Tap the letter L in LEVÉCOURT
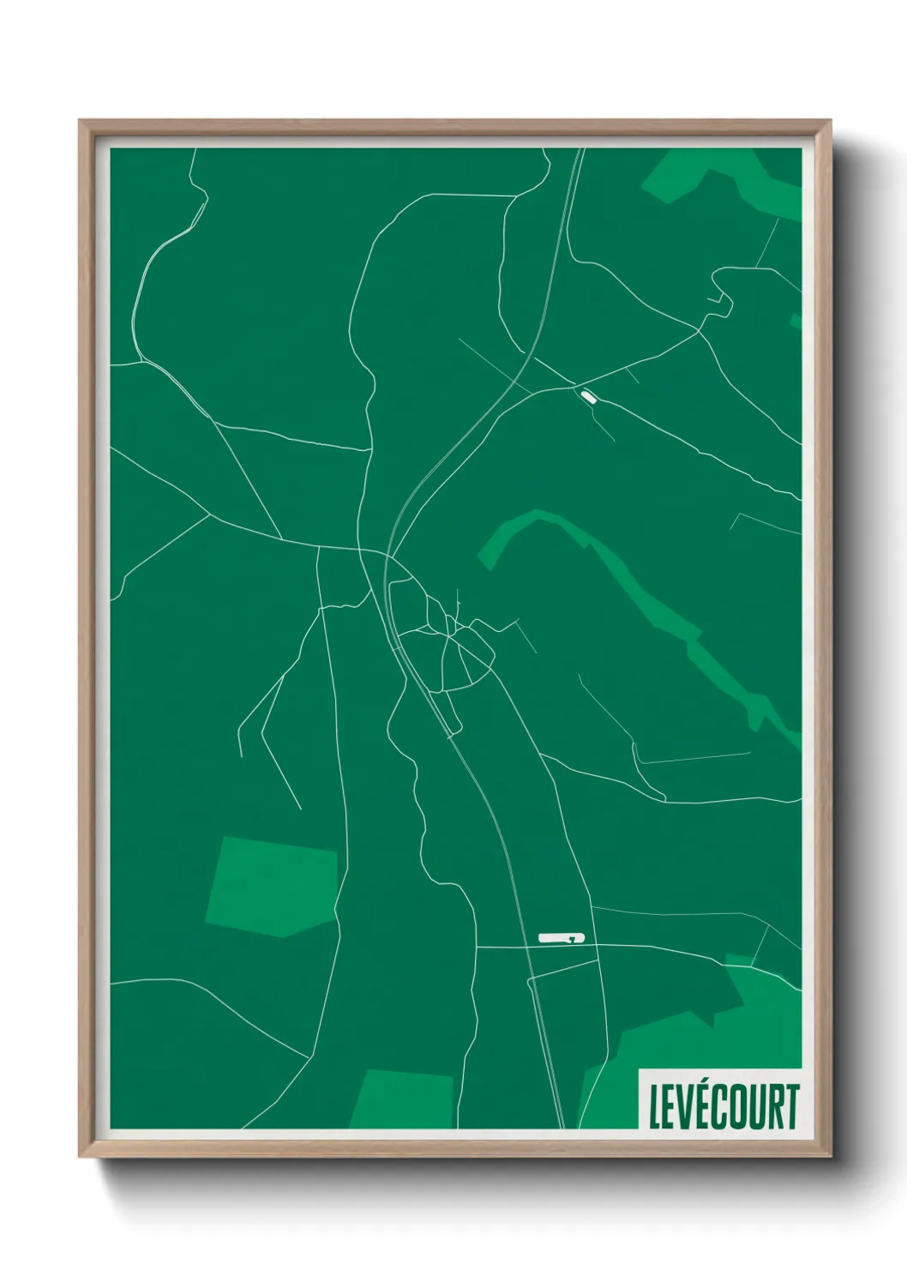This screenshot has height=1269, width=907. pos(655,1107)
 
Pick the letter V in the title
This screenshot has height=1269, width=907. pos(676,1107)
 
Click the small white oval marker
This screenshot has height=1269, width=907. pos(588,396)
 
